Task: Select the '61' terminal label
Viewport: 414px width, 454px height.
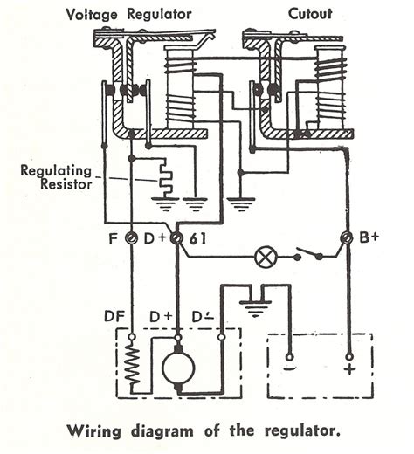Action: coord(197,237)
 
